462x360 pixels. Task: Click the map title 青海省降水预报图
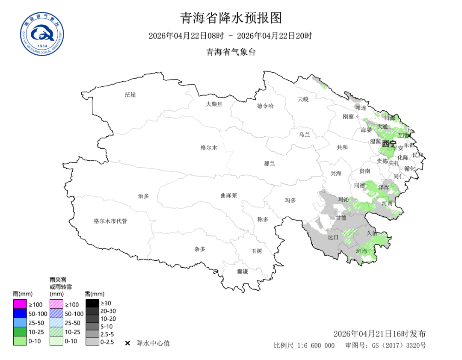[231, 18]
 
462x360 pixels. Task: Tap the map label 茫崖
[130, 94]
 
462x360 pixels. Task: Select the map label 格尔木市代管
[110, 221]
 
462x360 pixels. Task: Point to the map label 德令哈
[265, 106]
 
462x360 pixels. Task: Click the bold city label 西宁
[389, 144]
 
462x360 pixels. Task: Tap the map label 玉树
[256, 251]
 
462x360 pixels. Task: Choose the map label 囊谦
[243, 271]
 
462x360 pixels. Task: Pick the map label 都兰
[269, 164]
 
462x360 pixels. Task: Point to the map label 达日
[333, 237]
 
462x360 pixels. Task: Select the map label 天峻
[303, 99]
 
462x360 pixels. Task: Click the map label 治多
[143, 196]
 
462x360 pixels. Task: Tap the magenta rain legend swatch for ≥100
[19, 304]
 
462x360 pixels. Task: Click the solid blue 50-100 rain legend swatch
[19, 313]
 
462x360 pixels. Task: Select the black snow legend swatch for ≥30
[92, 303]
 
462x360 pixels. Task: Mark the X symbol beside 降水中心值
[127, 343]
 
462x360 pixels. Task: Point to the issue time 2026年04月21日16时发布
[379, 334]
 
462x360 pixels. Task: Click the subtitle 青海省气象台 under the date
[231, 52]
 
